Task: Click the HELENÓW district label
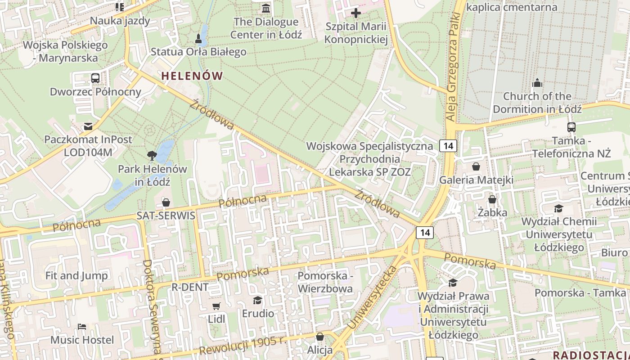(192, 76)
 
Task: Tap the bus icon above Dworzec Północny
(95, 78)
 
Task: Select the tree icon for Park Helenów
(152, 156)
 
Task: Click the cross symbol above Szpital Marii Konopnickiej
(356, 13)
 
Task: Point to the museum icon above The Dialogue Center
(266, 8)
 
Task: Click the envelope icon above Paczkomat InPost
(88, 126)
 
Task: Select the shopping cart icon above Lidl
(216, 306)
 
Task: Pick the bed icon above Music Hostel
(82, 327)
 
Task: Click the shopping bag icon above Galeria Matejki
(476, 167)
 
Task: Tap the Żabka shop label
(492, 212)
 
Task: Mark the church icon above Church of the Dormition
(537, 83)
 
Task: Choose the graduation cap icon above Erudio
(257, 300)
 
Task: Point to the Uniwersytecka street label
(373, 297)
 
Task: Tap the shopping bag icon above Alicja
(320, 337)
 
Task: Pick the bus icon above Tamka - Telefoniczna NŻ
(571, 127)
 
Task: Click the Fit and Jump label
(76, 275)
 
